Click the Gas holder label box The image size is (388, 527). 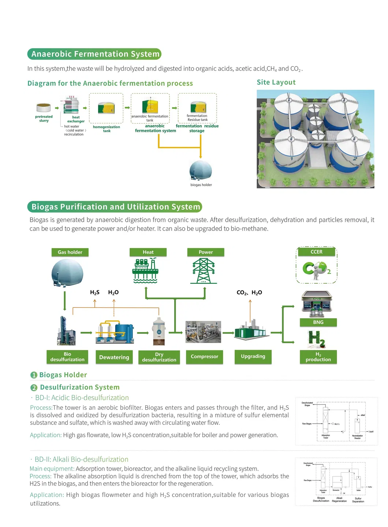tap(70, 252)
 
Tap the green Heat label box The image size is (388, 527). tap(148, 252)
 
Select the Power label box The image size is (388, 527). tap(205, 252)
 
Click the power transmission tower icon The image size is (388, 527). tap(204, 271)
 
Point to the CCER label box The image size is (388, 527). tap(316, 252)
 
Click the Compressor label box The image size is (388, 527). tap(204, 357)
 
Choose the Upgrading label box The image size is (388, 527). tap(253, 357)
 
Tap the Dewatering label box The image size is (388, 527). tap(114, 357)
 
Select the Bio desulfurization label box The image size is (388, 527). tap(67, 357)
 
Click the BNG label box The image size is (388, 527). tap(318, 322)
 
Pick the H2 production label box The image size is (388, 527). tap(318, 357)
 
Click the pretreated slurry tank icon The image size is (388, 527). tap(44, 108)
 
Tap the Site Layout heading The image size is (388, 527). tap(276, 82)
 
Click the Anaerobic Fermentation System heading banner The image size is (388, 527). tap(94, 54)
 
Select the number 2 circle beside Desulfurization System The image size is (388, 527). tap(34, 388)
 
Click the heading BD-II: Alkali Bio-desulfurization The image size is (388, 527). tap(81, 460)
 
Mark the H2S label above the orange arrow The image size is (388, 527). tap(95, 292)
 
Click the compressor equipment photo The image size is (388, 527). tap(203, 332)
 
